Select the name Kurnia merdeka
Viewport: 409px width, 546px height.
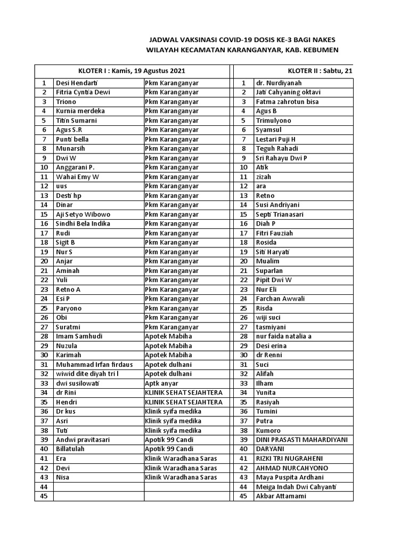tap(80, 111)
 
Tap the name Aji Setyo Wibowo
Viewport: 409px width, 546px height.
tap(83, 214)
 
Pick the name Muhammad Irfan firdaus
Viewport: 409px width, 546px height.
tap(94, 365)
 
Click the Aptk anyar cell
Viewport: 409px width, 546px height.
tap(162, 383)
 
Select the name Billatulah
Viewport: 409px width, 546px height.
tap(70, 449)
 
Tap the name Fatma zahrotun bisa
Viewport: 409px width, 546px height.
tap(288, 101)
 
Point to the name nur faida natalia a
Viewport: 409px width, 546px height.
tap(284, 336)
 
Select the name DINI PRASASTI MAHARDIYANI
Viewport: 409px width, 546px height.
tap(301, 440)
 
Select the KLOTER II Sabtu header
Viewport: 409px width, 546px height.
tap(320, 70)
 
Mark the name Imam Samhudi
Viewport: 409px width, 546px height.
tap(79, 336)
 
